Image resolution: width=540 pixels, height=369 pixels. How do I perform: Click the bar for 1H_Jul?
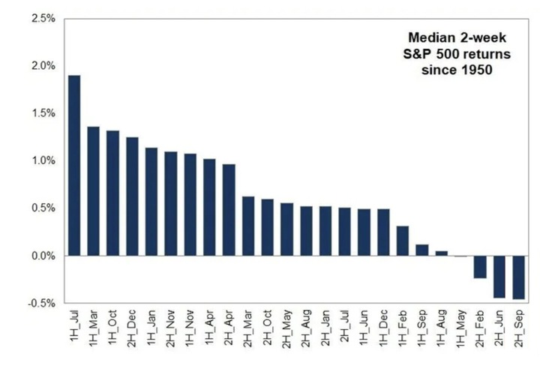74,166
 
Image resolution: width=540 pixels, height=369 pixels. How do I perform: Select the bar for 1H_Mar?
94,191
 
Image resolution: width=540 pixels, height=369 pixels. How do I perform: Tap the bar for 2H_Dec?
132,196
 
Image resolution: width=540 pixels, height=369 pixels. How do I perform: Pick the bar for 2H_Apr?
229,210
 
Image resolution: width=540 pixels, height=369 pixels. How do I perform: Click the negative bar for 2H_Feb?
479,267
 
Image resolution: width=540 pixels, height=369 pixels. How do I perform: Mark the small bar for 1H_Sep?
421,250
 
